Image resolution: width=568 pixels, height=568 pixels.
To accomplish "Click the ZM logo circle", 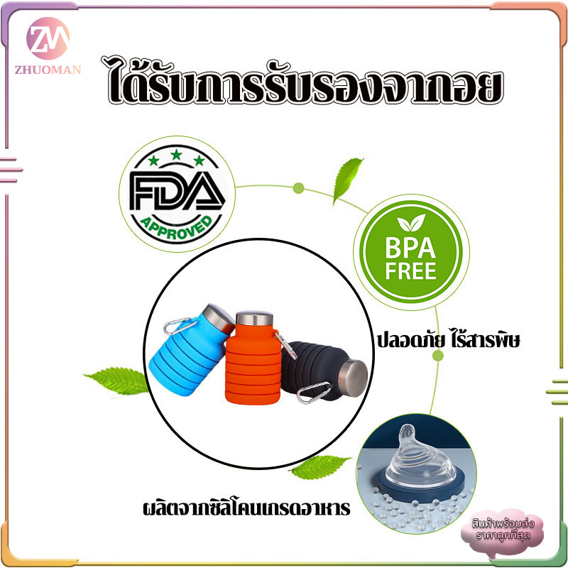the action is point(48,38).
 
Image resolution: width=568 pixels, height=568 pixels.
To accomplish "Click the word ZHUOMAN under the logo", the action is point(48,70).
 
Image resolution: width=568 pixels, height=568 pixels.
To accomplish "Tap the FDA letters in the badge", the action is point(177,191).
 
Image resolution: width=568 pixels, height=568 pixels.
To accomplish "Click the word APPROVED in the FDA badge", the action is point(176,228).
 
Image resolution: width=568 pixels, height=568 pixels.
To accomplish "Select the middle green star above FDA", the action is point(176,155).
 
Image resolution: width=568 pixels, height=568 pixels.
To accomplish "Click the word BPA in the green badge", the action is point(410,248).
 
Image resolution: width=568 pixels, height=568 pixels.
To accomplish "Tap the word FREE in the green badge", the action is point(411,271).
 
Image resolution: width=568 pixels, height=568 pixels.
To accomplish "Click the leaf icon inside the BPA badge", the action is point(411,222).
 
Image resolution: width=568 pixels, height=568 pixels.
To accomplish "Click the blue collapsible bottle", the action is point(190,351).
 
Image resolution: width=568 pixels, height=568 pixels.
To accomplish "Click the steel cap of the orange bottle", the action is point(254,318).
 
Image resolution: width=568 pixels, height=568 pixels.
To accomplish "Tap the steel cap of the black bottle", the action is point(353,378).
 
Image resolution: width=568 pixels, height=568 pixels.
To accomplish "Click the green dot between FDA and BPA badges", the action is point(298,188).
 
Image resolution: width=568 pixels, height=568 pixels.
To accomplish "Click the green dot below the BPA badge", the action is point(437,356).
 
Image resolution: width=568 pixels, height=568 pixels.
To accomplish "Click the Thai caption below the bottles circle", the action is point(246,508).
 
